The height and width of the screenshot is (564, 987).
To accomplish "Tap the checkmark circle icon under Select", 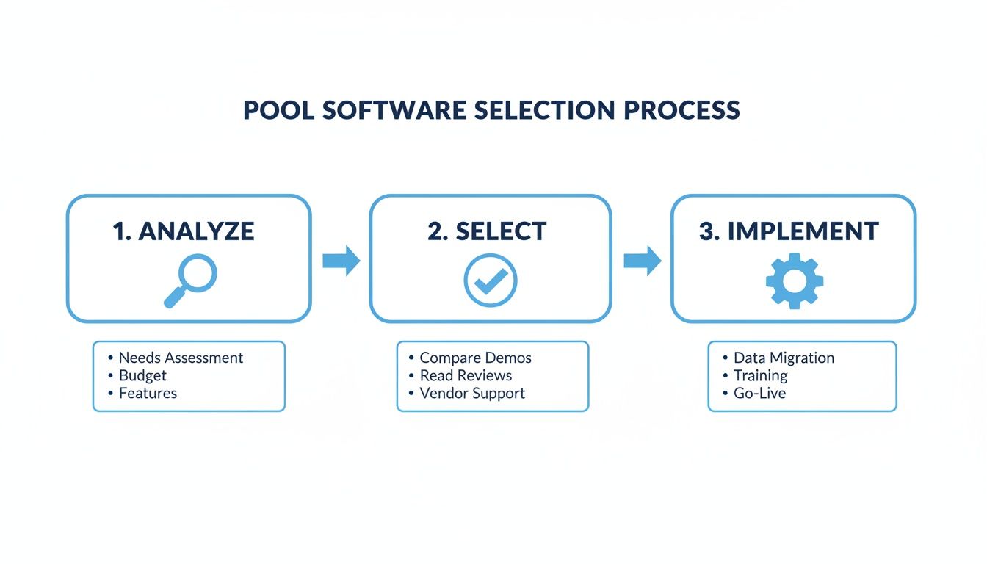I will click(x=491, y=281).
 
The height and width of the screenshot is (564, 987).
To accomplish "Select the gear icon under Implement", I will click(x=794, y=280).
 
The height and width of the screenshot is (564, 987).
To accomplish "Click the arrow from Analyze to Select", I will click(x=341, y=261).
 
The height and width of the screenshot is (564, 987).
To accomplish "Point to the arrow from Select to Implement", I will click(x=642, y=261).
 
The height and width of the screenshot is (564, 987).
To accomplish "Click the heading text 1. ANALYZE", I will click(x=184, y=231).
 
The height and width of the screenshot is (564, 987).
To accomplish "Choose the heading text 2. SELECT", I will click(x=487, y=231).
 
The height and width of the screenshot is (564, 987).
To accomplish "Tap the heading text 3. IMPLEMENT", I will click(x=789, y=231).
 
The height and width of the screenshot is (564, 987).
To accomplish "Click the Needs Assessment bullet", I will click(x=181, y=358).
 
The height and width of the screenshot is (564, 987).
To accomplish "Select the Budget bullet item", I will click(x=142, y=376).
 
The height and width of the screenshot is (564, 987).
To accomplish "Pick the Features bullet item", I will click(x=148, y=394).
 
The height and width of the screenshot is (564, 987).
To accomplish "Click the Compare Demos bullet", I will click(x=475, y=358).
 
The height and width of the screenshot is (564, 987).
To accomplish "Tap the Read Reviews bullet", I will click(x=466, y=376).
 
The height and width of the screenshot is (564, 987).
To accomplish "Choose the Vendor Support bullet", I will click(x=472, y=394).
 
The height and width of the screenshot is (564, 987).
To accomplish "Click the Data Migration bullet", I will click(x=784, y=358).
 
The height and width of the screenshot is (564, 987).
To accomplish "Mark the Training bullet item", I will click(x=760, y=376).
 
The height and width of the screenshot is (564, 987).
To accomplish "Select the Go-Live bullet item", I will click(x=759, y=394).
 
